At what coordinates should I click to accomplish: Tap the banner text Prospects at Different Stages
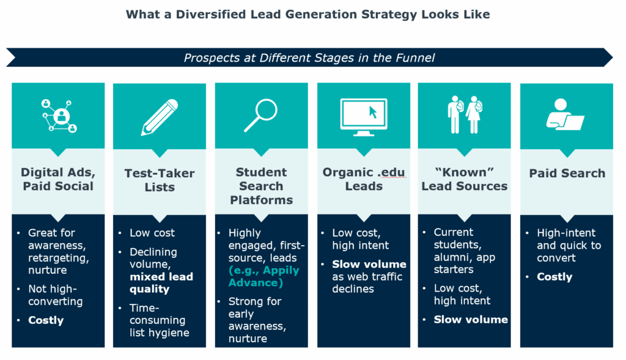[309, 58]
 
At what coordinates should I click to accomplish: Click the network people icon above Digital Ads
[58, 114]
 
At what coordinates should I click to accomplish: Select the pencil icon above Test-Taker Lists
[160, 116]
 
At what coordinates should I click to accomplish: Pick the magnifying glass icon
[261, 114]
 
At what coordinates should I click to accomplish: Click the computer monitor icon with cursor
[363, 116]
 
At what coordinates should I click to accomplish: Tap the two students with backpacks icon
[465, 114]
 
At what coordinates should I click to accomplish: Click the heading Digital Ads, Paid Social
[58, 179]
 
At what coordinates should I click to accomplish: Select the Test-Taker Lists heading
[160, 180]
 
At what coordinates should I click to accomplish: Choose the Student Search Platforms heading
[261, 186]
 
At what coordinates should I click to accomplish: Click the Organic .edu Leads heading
[363, 179]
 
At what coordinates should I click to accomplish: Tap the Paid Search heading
[567, 174]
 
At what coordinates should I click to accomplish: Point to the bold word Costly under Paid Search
[554, 277]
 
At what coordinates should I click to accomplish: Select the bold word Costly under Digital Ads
[46, 320]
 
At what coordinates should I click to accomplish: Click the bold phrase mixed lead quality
[161, 283]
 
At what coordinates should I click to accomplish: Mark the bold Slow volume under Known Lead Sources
[471, 319]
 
